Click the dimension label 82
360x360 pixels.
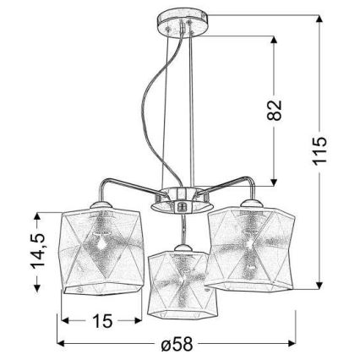click(274, 110)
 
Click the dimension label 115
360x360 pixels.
click(319, 150)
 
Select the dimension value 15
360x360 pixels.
click(102, 320)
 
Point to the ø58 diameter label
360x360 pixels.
click(177, 343)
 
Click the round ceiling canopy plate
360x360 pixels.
click(183, 23)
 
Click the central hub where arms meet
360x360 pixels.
click(182, 200)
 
